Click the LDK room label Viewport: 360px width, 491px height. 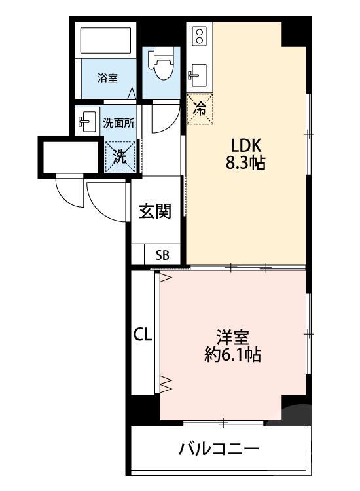(x=245, y=145)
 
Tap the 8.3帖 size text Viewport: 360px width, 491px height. (x=245, y=163)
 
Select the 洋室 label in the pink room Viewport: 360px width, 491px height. (x=233, y=337)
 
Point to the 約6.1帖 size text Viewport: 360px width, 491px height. (x=232, y=355)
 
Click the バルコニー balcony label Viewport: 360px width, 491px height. (x=219, y=449)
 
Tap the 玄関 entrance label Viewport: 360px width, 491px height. (x=155, y=211)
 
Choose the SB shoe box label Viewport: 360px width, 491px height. (x=162, y=255)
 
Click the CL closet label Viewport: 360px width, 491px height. (x=143, y=335)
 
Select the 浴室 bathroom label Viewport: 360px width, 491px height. (x=108, y=78)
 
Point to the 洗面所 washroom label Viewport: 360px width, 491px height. (x=119, y=123)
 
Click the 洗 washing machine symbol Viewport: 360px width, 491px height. (x=120, y=157)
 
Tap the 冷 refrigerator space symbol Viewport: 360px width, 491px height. (x=200, y=109)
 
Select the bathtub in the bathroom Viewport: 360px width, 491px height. (x=105, y=41)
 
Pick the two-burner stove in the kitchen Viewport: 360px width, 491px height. (x=200, y=36)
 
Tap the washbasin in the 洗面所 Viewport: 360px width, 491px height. (x=86, y=121)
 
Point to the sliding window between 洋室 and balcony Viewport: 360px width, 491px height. (x=223, y=424)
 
